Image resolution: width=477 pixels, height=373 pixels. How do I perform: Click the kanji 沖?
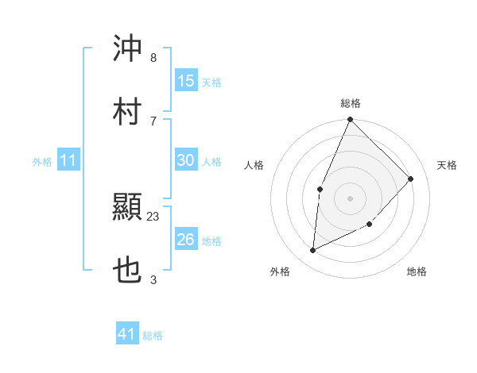(127, 49)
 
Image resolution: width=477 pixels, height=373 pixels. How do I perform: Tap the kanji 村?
(127, 111)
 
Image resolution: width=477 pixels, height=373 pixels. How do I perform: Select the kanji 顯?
(127, 209)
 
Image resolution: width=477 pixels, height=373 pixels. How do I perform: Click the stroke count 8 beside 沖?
(153, 58)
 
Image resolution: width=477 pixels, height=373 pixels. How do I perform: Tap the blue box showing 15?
(186, 81)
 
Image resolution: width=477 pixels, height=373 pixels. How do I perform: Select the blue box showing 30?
(186, 160)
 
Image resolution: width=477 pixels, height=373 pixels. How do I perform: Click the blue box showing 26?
(186, 240)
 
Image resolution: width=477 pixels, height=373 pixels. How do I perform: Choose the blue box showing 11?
(68, 161)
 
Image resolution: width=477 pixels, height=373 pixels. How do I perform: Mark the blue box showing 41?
(127, 334)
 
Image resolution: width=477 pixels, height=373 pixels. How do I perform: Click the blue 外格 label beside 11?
(42, 162)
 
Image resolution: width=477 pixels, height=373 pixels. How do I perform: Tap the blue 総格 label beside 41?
(153, 336)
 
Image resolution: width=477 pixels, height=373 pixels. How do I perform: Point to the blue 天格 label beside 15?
(211, 82)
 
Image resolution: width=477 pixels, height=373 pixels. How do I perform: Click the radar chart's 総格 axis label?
(351, 103)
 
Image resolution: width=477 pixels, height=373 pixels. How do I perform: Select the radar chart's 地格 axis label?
(417, 272)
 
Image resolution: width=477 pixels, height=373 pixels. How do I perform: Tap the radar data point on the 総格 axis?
(350, 120)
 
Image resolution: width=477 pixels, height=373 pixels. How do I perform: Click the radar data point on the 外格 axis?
(313, 251)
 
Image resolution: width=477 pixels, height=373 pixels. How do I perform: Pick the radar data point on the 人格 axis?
(320, 189)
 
